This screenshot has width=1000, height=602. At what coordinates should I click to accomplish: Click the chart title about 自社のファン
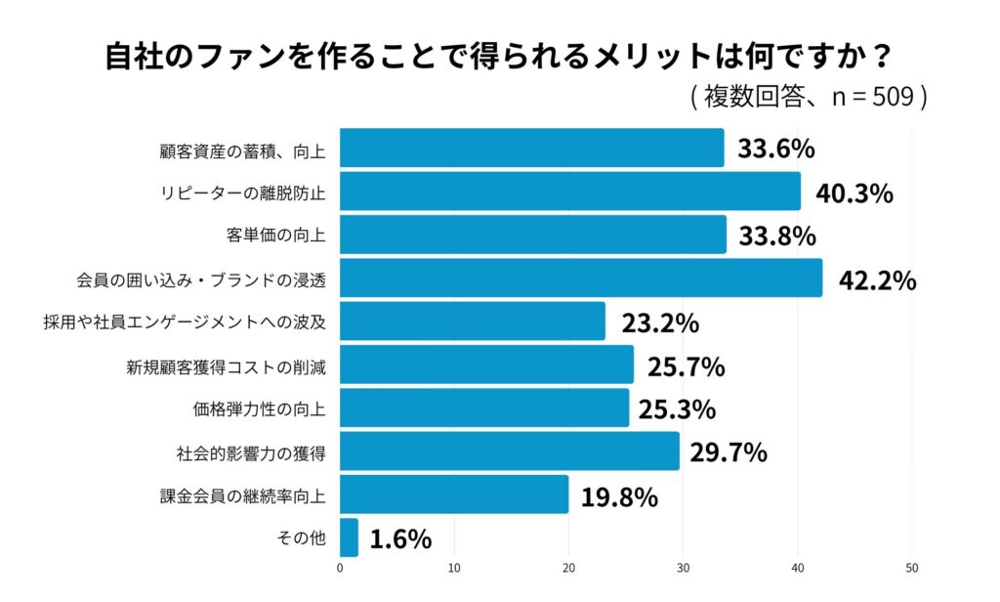[499, 56]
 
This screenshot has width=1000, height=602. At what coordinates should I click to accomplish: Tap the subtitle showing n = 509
[809, 97]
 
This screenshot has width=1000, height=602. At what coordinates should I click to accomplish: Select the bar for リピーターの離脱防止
[569, 192]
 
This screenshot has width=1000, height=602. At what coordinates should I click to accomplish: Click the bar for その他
[349, 537]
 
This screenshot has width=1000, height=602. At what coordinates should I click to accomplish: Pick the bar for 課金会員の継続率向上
[454, 494]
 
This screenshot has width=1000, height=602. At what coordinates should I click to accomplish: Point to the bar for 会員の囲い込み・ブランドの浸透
[581, 278]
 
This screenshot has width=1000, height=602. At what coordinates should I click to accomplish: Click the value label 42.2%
[877, 280]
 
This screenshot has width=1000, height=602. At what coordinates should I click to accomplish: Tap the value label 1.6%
[400, 539]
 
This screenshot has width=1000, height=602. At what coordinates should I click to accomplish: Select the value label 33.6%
[776, 150]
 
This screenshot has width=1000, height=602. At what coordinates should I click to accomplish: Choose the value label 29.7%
[728, 452]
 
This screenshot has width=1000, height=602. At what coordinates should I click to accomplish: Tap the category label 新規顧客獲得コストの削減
[226, 365]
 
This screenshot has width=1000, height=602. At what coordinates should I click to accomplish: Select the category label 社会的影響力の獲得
[251, 452]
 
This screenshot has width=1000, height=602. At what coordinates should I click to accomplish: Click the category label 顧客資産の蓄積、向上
[242, 150]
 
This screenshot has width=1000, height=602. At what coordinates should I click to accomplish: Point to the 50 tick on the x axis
[912, 567]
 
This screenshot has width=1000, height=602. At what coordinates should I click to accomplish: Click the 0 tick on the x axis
[340, 567]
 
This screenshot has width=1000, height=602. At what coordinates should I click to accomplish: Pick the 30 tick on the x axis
[684, 567]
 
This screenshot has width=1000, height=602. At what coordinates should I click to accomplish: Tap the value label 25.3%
[677, 408]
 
